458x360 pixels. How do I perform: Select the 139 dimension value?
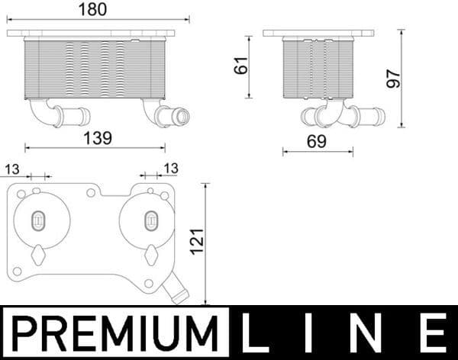click(97, 138)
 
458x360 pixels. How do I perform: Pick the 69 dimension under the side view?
click(317, 141)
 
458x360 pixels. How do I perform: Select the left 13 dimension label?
click(13, 169)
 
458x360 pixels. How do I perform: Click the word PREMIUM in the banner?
click(114, 333)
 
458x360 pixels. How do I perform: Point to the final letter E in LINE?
click(433, 333)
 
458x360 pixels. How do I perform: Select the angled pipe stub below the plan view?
click(176, 290)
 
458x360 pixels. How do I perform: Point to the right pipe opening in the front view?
click(182, 117)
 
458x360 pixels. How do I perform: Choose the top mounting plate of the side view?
click(318, 34)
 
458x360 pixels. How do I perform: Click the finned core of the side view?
click(318, 69)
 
